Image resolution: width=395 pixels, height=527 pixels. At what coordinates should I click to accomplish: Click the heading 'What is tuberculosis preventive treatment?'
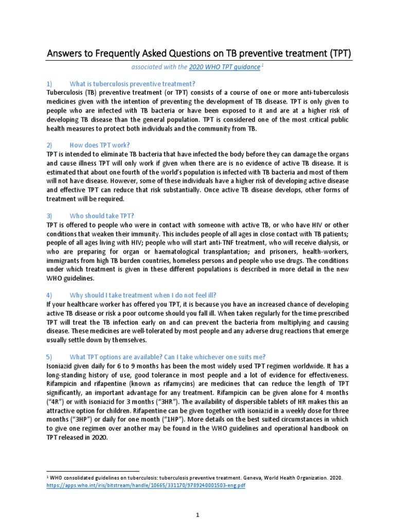coord(132,84)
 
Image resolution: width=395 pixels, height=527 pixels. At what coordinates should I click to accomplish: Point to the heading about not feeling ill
coord(142,295)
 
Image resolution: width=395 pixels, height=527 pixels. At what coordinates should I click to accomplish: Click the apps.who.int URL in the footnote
coord(146,486)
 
